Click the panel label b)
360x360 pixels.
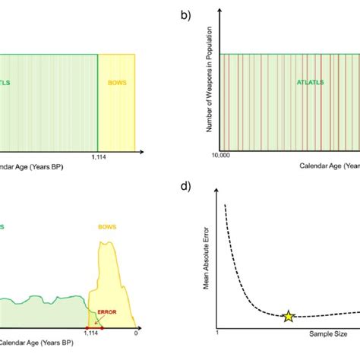pyautogui.click(x=184, y=16)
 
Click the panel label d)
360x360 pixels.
pyautogui.click(x=184, y=186)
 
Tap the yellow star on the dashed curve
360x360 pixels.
pyautogui.click(x=288, y=317)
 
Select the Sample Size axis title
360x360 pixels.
pyautogui.click(x=329, y=333)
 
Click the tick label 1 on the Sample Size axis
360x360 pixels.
pyautogui.click(x=218, y=333)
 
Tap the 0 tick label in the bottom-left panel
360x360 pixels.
pyautogui.click(x=136, y=333)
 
